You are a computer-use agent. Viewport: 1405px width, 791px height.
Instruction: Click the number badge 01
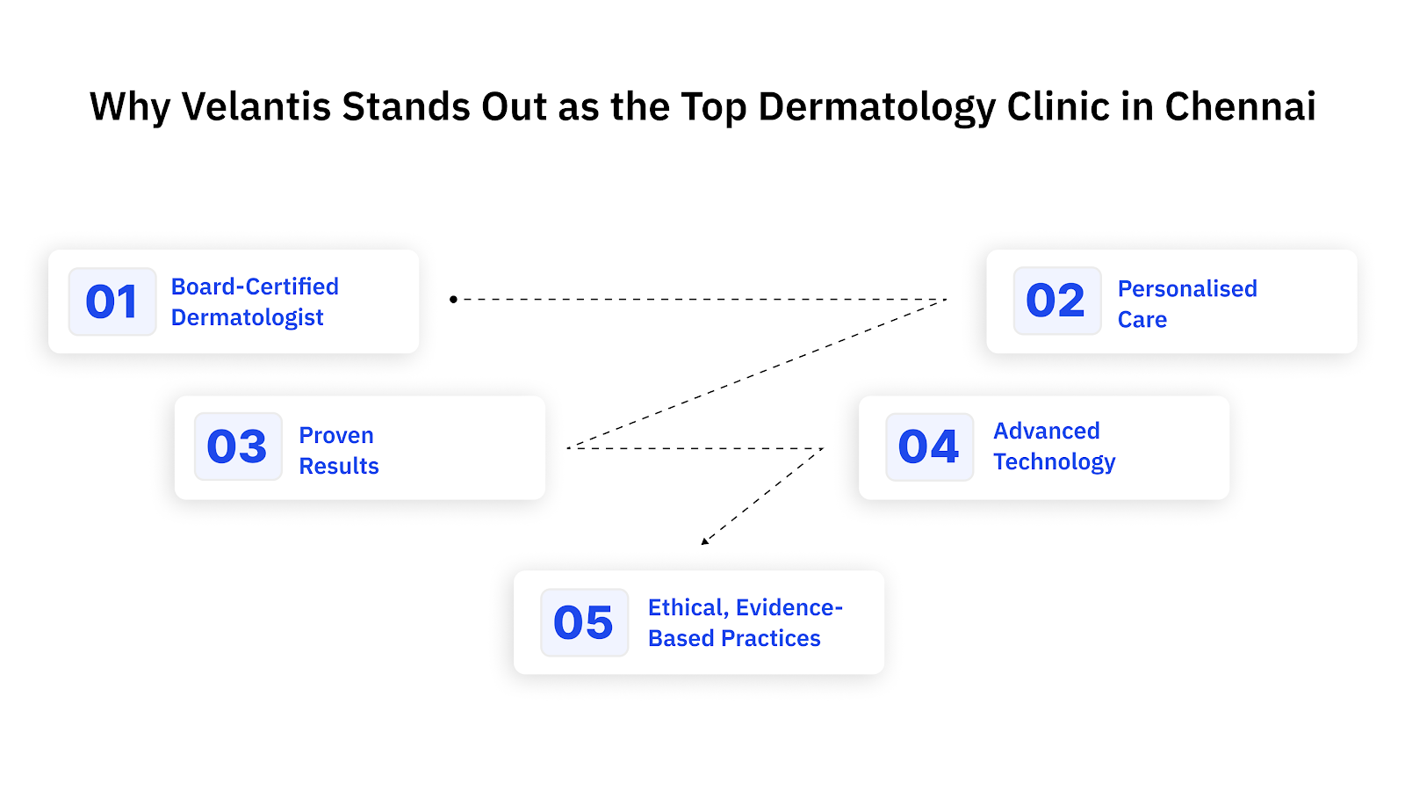[112, 301]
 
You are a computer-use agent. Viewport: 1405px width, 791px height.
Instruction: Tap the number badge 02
[1056, 301]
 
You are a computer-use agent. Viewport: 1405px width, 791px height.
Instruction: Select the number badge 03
[237, 446]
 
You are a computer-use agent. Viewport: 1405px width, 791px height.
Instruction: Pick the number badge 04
[929, 446]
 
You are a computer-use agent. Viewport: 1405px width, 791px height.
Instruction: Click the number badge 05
[584, 622]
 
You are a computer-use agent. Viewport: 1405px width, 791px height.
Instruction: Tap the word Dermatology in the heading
[876, 107]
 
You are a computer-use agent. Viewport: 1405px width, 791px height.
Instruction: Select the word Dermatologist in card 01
[247, 317]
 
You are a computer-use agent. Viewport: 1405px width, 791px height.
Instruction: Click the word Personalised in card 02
[1187, 288]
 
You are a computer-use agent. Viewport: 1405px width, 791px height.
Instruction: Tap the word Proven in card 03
[336, 435]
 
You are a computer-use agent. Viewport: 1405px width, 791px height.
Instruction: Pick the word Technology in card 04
[1054, 462]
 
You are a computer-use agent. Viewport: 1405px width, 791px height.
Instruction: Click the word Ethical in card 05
[686, 607]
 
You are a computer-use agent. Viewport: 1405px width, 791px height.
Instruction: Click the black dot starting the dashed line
[453, 300]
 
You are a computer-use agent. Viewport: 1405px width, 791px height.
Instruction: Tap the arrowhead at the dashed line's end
[704, 541]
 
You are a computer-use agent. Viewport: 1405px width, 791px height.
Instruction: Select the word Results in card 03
[339, 466]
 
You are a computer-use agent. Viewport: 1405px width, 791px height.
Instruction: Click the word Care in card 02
[1142, 320]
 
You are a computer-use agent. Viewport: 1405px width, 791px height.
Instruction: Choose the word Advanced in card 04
[1046, 431]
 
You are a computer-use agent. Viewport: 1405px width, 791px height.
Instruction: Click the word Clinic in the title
[1058, 107]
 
